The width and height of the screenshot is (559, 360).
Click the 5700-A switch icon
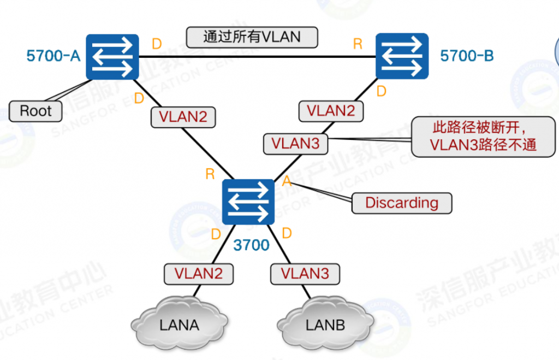pos(112,57)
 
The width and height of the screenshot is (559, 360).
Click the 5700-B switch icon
pos(402,56)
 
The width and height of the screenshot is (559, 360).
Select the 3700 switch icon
pos(248,202)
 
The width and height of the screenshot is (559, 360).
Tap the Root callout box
pos(35,111)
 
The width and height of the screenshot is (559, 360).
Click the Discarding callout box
pos(402,203)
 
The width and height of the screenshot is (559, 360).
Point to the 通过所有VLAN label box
pos(252,37)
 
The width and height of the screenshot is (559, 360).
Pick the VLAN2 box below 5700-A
pos(183,117)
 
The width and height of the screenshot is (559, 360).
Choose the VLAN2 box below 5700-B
pos(331,111)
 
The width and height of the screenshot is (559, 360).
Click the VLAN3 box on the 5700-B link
pos(295,144)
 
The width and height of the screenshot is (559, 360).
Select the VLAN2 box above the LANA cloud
pos(199,274)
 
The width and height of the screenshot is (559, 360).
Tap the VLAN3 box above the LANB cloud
pos(305,274)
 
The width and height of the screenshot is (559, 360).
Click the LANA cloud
pos(179,323)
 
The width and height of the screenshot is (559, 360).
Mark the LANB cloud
pos(325,323)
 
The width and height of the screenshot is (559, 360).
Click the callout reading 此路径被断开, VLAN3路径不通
pos(483,137)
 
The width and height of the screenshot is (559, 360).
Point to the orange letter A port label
pos(287,181)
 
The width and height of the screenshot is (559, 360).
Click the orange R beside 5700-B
pos(358,44)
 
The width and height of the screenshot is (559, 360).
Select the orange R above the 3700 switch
pos(210,174)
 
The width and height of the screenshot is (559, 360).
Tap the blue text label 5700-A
pos(53,56)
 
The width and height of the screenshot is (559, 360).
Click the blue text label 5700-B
pos(467,56)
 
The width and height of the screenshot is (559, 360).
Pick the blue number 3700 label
pos(251,245)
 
